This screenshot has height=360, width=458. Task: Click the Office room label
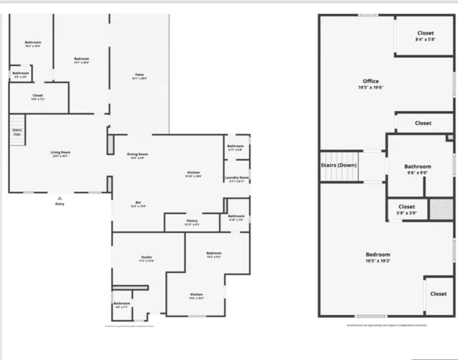[370, 81]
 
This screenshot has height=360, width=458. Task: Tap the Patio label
[139, 74]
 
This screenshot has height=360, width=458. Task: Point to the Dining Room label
[137, 154]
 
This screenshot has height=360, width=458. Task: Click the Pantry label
[192, 220]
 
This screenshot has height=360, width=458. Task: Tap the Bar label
[139, 202]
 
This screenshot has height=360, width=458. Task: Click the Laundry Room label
[237, 178]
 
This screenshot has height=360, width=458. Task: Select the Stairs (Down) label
[338, 164]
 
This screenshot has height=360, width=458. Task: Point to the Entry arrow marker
[60, 196]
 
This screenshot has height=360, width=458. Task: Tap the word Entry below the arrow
[60, 203]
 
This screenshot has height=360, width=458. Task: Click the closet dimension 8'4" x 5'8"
[425, 40]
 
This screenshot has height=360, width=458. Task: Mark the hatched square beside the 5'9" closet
[442, 208]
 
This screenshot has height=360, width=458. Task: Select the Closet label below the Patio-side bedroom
[38, 95]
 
